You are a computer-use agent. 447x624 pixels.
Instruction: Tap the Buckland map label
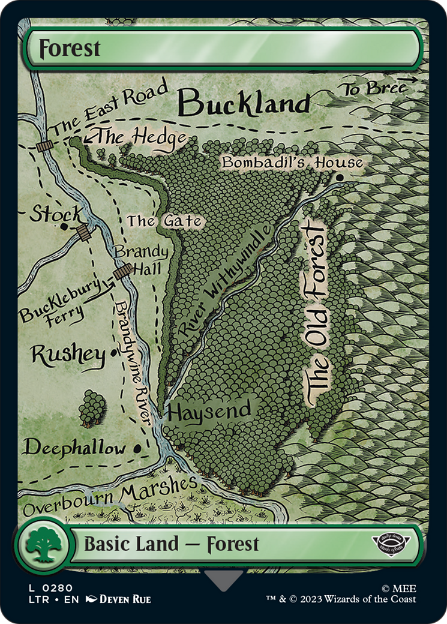244,103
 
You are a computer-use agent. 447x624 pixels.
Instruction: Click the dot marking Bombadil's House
340,178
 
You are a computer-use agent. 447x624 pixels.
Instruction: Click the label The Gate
164,221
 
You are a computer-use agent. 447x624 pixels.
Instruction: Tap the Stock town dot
64,227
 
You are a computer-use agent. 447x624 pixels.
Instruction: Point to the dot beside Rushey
113,353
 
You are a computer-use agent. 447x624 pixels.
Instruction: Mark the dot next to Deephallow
139,448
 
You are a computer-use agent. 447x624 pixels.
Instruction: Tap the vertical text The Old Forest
316,312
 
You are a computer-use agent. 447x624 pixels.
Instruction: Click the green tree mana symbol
41,544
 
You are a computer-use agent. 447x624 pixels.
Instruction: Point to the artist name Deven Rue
125,599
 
